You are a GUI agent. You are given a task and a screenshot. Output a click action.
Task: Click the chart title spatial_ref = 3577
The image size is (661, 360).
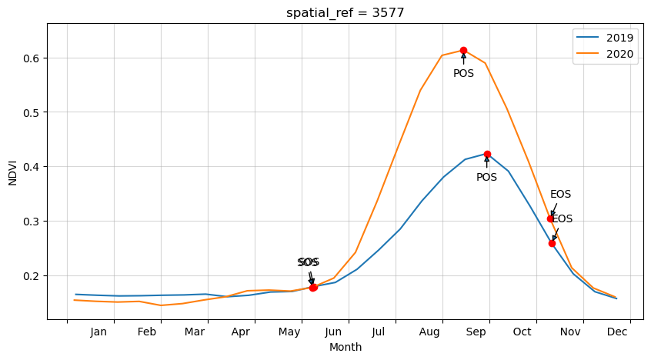345,12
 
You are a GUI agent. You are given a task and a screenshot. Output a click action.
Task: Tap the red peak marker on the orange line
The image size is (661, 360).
463,50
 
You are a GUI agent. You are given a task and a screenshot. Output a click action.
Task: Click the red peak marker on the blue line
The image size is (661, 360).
487,154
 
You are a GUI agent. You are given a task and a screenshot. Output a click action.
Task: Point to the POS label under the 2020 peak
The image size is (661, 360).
463,74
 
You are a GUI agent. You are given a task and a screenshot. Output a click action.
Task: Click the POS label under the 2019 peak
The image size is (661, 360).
486,178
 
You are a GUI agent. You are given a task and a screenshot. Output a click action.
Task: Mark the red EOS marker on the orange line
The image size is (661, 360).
550,218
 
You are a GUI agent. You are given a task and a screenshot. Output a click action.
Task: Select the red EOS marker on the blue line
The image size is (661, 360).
552,243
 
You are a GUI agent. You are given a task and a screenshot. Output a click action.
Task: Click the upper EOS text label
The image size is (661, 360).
560,195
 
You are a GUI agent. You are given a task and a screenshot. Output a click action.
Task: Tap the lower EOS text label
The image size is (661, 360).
563,219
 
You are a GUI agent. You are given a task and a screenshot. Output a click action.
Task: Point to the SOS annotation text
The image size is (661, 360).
308,262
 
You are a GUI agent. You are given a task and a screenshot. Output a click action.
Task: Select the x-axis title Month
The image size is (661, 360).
346,348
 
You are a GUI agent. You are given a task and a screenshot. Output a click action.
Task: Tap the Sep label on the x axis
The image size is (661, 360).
476,332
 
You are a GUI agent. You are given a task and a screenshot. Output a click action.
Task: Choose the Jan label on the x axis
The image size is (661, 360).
98,332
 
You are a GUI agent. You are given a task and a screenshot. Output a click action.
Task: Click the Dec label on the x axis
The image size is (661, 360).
616,332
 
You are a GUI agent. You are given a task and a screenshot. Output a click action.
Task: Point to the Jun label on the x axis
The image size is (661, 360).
333,332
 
